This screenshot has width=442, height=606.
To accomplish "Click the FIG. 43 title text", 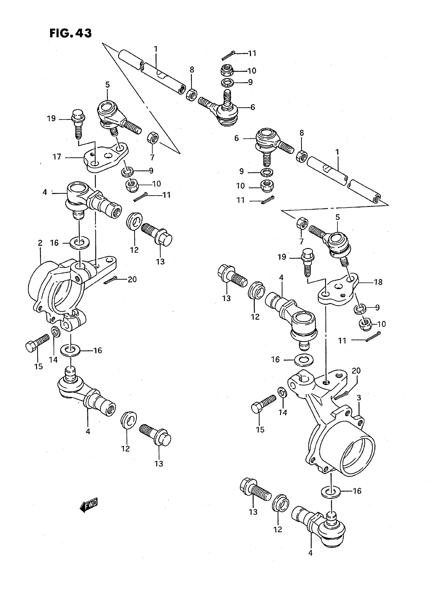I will pos(71,34).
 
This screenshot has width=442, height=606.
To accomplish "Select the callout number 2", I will pos(40,243).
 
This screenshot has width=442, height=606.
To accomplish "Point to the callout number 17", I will pos(57,157).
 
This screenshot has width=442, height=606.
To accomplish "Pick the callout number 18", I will pos(378,282).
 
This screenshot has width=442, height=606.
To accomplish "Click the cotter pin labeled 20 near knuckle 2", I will pos(109,281).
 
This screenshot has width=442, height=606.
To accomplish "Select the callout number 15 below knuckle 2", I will pos(38,367).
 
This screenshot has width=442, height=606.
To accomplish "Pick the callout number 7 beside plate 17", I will pos(152,157).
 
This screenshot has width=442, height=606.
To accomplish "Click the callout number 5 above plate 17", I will pos(108,85).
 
